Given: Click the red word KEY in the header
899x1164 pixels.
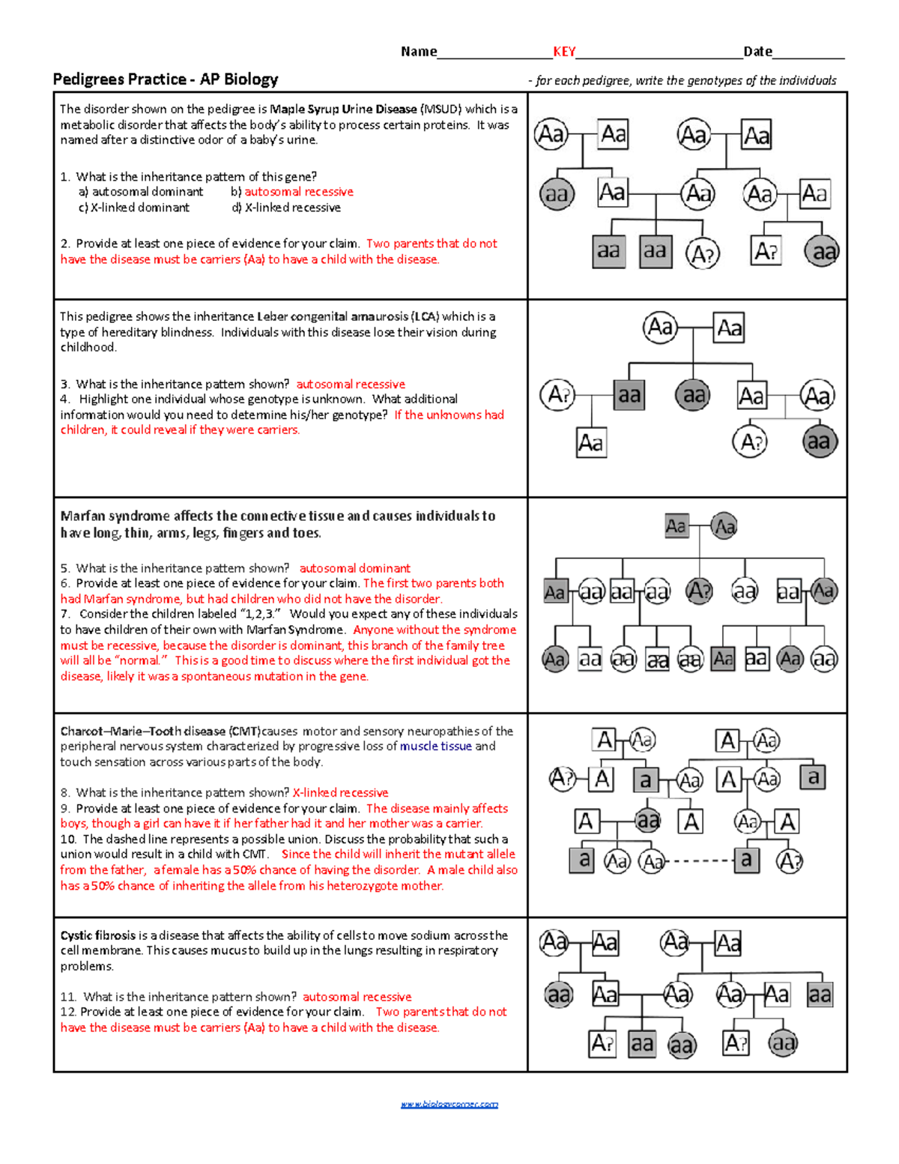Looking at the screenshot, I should point(564,52).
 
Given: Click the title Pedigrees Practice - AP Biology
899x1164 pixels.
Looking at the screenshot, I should point(166,79).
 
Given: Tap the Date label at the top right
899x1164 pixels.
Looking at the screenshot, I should point(757,52).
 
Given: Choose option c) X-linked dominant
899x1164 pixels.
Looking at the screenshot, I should point(134,208).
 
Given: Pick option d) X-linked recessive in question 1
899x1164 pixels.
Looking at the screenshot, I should point(286,208).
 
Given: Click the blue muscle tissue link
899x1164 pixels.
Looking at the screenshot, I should point(435,747).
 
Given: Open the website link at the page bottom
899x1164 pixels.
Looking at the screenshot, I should point(449,1104).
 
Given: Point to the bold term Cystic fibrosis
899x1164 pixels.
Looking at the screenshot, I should point(98,935).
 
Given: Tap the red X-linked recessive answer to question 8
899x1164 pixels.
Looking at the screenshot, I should point(340,793).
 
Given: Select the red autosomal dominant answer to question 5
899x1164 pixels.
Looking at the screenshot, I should point(354,569).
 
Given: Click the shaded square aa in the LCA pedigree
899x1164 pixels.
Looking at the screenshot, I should point(629,395).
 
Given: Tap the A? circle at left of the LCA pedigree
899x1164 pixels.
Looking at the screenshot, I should point(558,395).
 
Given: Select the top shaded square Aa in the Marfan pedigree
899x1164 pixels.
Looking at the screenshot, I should point(676,526).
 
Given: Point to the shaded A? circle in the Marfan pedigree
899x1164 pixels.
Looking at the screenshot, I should point(699,591).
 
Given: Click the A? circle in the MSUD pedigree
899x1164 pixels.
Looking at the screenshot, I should point(703,254).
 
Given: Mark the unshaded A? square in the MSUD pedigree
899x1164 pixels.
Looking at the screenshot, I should point(766,251).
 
